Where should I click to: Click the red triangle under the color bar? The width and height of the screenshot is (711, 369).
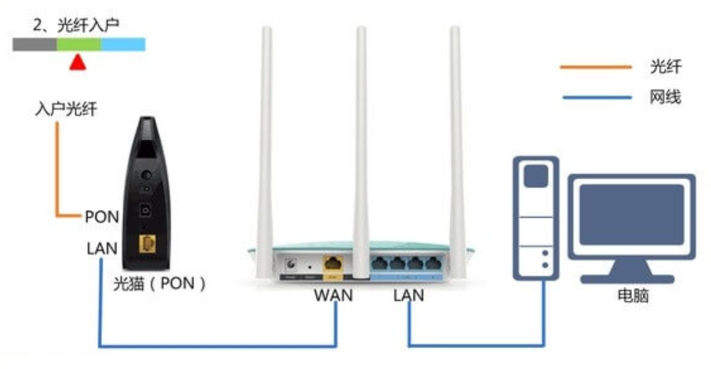(78, 63)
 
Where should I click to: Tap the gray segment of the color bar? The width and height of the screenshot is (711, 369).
(34, 44)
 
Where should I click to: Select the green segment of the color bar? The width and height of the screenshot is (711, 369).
(79, 44)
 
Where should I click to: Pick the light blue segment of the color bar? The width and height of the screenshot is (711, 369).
(123, 44)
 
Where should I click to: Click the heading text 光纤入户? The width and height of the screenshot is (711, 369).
(88, 25)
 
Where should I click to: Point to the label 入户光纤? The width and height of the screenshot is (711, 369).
(66, 109)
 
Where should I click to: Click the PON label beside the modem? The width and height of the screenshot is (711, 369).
(102, 216)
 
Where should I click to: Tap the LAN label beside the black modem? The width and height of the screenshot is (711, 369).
(102, 248)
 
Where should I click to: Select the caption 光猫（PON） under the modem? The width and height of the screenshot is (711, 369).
(160, 284)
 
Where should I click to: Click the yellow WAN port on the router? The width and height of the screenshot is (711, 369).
(333, 263)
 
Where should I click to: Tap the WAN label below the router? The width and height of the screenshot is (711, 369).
(333, 295)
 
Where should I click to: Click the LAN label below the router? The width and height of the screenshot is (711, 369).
(408, 295)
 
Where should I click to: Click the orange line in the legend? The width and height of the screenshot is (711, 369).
(596, 67)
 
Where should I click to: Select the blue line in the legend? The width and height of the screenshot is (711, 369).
(597, 97)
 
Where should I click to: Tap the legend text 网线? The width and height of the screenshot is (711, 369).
(665, 97)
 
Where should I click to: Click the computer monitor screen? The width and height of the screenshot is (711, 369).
(632, 215)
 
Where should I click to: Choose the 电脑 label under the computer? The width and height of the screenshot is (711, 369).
(633, 296)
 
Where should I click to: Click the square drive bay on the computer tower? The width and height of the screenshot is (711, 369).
(536, 176)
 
